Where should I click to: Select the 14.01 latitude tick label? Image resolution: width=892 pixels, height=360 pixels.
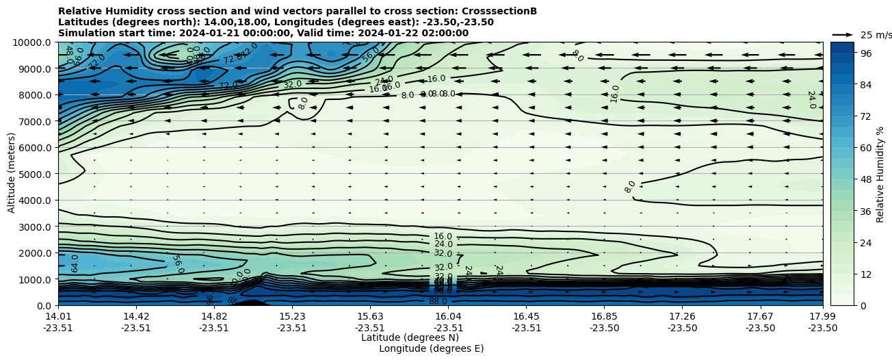point(58,316)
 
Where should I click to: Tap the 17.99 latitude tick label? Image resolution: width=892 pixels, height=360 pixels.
point(823,316)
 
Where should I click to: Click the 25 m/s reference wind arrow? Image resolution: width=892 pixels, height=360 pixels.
point(843,34)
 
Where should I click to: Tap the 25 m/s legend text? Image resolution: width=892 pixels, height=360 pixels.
point(876,35)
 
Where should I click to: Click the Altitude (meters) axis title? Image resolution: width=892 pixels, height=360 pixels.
point(12,172)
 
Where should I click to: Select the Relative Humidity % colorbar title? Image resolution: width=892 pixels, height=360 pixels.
point(880,174)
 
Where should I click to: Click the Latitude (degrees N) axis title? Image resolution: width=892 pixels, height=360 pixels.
point(410,337)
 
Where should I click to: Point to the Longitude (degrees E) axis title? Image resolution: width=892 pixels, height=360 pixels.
point(431,348)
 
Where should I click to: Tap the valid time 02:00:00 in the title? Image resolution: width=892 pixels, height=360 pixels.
point(445,33)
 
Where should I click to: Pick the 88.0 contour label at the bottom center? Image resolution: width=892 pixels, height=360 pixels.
point(438,301)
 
